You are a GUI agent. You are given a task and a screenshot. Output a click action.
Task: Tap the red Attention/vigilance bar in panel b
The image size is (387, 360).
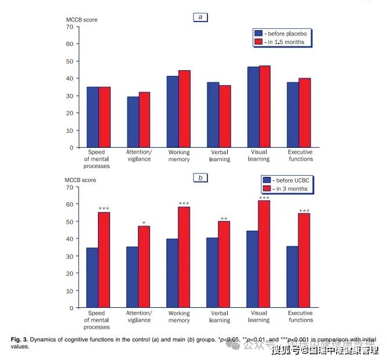click(x=144, y=267)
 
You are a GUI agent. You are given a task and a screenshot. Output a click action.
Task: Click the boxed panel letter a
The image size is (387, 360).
click(x=200, y=17)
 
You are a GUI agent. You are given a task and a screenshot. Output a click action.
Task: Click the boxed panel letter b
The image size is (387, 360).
click(x=200, y=178)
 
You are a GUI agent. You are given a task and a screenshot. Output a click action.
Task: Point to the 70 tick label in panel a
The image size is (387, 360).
click(x=70, y=27)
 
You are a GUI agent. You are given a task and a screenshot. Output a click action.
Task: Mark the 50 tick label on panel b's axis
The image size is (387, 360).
click(x=70, y=221)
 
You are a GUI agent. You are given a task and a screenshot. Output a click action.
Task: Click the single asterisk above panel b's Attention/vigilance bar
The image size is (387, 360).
click(x=144, y=223)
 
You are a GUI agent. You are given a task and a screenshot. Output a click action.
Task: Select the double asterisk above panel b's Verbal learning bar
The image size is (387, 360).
click(x=224, y=219)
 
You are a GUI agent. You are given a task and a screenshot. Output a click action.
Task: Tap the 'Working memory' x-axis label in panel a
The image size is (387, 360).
click(x=178, y=155)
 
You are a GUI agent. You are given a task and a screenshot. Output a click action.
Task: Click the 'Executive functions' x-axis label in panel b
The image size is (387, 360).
click(x=300, y=317)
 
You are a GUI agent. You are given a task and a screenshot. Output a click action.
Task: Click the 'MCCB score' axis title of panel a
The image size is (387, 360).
click(x=81, y=20)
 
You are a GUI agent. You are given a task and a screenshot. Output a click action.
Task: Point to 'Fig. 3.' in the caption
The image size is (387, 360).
click(x=21, y=339)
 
